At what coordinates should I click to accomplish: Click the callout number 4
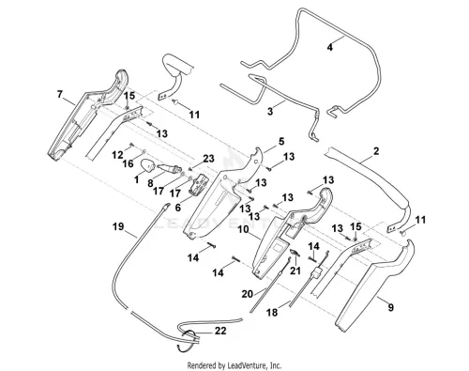point(330,47)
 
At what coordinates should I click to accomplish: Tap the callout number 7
point(60,94)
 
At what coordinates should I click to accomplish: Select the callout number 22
point(220,331)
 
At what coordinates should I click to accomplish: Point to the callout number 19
point(118,226)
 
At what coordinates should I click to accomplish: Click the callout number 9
point(391,307)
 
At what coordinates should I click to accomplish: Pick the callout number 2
point(376,151)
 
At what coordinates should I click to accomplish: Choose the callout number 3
point(270,111)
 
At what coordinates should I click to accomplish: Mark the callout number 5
point(281,141)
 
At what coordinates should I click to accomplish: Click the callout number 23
point(208,159)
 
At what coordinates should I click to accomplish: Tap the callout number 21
point(295,271)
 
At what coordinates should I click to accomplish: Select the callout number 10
point(243,229)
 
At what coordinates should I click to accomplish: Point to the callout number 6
point(178,208)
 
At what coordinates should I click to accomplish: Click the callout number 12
point(117,154)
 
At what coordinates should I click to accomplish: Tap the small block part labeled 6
point(199,186)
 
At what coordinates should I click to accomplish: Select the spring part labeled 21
point(295,253)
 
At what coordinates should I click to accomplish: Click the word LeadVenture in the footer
point(247,365)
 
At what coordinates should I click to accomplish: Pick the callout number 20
point(248,294)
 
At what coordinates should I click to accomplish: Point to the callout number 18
point(272,312)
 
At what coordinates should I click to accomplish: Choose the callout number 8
point(150,183)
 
